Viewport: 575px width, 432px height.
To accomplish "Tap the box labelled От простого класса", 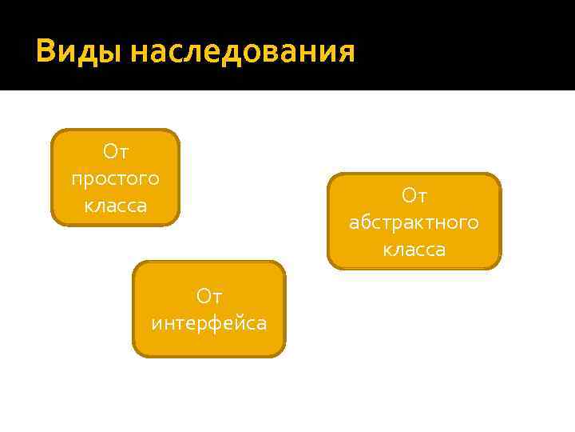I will pyautogui.click(x=116, y=178).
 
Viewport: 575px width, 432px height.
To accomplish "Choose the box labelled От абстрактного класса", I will pyautogui.click(x=414, y=222).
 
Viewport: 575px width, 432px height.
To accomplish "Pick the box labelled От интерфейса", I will pyautogui.click(x=208, y=309).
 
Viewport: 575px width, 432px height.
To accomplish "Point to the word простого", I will pyautogui.click(x=115, y=178).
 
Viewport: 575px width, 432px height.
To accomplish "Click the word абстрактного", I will pyautogui.click(x=414, y=222).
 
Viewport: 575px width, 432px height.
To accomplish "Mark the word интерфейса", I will pyautogui.click(x=209, y=324).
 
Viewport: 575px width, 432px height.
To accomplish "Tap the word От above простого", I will pyautogui.click(x=116, y=150).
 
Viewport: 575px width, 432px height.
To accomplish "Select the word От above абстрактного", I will pyautogui.click(x=414, y=195).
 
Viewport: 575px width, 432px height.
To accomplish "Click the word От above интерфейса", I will pyautogui.click(x=209, y=297).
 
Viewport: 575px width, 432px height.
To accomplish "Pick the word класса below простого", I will pyautogui.click(x=116, y=206).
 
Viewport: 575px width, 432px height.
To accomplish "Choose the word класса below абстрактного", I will pyautogui.click(x=414, y=250).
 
